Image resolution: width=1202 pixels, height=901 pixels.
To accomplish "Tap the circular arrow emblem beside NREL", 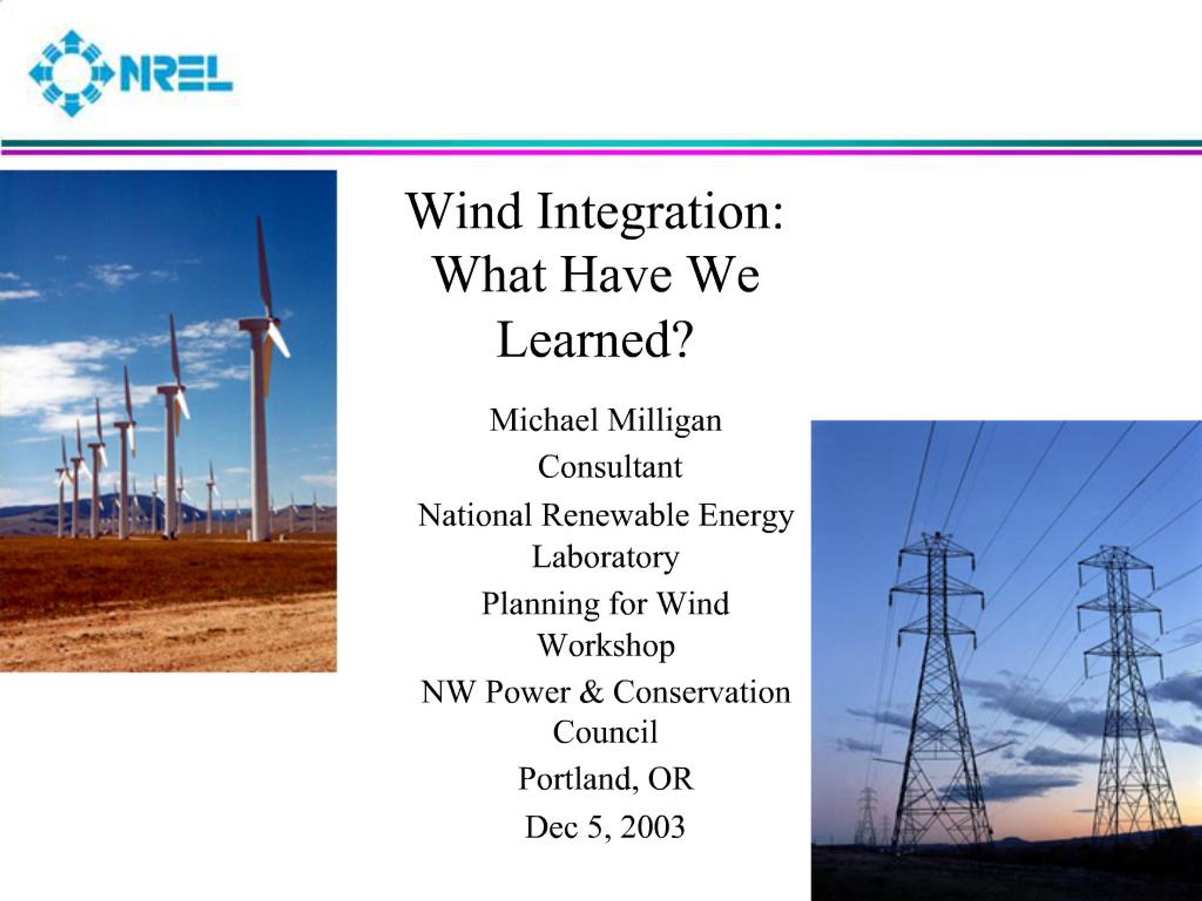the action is tap(70, 73).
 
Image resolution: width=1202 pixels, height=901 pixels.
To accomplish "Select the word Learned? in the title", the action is tap(595, 339).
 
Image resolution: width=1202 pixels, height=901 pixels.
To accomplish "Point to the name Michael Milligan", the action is tap(606, 420).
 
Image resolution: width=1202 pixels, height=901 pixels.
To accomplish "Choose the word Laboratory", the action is tap(605, 557).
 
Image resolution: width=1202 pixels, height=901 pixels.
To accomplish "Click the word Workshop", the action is tap(607, 646).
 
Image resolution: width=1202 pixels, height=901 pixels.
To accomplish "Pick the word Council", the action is tap(605, 732).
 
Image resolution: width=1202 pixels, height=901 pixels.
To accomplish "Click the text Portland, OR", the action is tap(606, 780).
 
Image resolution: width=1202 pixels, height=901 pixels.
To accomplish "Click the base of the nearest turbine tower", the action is tap(260, 538).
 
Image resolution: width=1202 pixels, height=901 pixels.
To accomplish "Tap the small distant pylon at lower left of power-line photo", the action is tap(868, 815).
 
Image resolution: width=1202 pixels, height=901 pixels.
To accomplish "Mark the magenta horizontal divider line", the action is tap(601, 152).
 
